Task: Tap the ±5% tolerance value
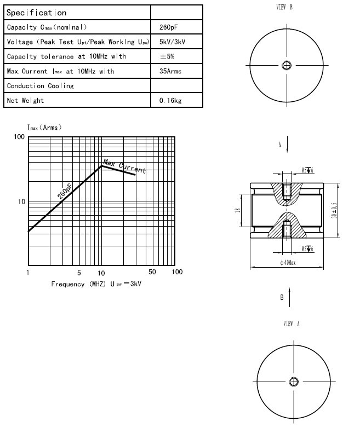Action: (x=167, y=56)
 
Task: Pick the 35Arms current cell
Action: (x=170, y=71)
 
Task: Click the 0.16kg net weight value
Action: (x=170, y=101)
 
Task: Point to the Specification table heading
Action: (x=36, y=13)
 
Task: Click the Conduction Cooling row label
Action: (x=40, y=86)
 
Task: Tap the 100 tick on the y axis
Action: (x=20, y=137)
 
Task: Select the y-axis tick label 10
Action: (x=22, y=202)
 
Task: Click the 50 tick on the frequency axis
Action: (x=152, y=272)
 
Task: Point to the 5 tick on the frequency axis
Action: (x=79, y=272)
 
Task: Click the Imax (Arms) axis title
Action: (x=44, y=127)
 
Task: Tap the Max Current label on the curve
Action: (x=125, y=167)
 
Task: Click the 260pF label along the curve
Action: (x=65, y=191)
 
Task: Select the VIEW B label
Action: (x=285, y=7)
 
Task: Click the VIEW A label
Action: (x=292, y=324)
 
